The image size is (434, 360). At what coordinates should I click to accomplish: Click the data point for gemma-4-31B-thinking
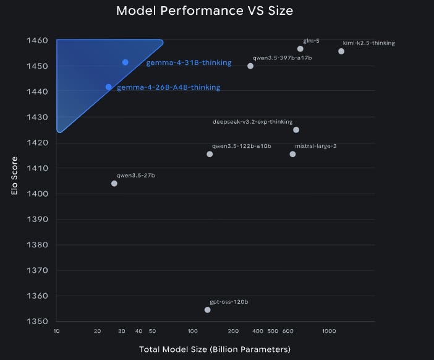[x=125, y=62]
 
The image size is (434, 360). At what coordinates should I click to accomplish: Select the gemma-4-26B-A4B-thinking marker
[x=109, y=87]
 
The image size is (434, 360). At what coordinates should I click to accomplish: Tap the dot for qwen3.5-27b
[x=114, y=183]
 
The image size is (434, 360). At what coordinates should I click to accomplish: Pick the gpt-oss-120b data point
[x=207, y=310]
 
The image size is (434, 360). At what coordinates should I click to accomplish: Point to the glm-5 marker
[x=300, y=49]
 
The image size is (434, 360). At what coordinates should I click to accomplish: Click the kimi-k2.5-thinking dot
[x=341, y=51]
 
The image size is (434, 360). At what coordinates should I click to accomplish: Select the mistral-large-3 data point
[x=292, y=154]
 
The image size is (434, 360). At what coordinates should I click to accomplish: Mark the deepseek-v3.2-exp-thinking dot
[x=296, y=130]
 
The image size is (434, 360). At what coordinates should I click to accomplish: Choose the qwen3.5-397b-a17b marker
[x=250, y=66]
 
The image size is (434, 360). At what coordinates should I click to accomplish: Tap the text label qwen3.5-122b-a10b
[x=241, y=146]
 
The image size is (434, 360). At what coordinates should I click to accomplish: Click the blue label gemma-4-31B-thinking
[x=189, y=63]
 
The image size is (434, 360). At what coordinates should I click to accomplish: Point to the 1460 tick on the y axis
[x=37, y=40]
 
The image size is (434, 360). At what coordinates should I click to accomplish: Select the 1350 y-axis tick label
[x=37, y=321]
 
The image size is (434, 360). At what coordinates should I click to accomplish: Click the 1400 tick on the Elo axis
[x=37, y=194]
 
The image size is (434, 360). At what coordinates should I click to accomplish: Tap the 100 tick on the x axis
[x=192, y=331]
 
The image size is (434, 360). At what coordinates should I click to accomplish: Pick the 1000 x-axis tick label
[x=329, y=331]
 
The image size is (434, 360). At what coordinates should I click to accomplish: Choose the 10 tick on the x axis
[x=56, y=331]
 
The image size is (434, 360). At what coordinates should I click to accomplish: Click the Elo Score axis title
[x=14, y=176]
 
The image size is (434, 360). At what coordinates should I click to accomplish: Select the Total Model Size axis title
[x=215, y=349]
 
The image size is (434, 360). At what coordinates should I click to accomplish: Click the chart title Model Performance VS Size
[x=205, y=11]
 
